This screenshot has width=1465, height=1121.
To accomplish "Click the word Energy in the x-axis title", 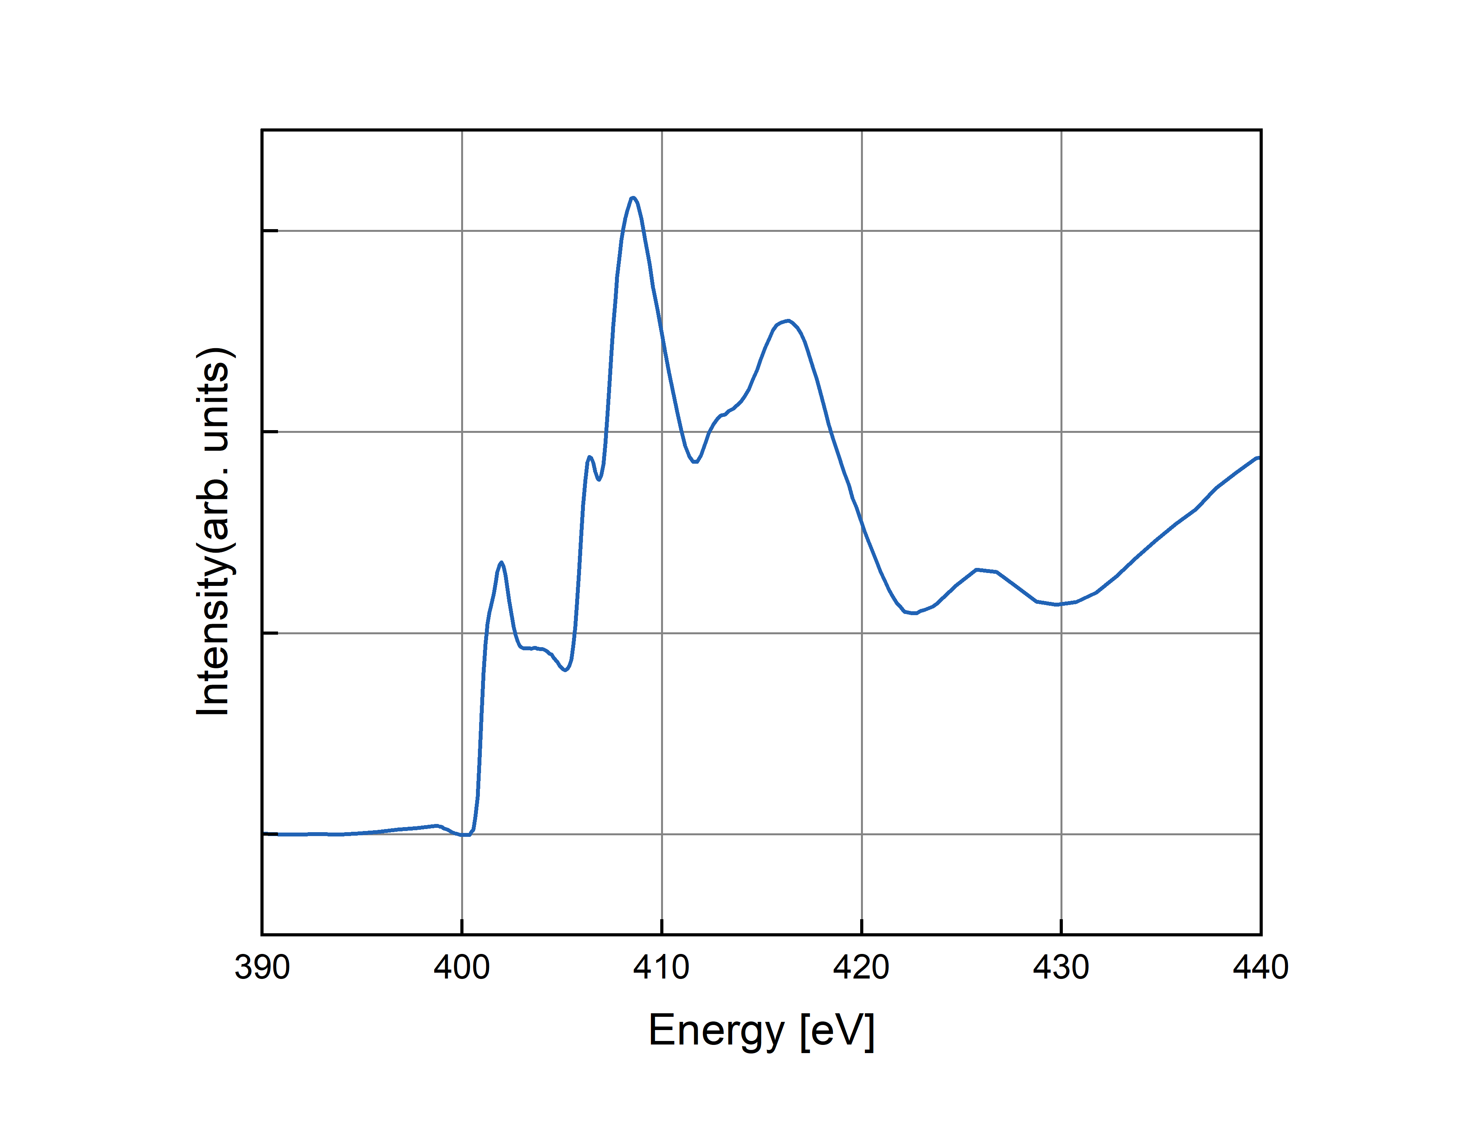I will point(716,1031).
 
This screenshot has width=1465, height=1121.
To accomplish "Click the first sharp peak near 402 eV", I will point(501,562).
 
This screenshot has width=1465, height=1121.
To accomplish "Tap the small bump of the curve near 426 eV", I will point(977,570).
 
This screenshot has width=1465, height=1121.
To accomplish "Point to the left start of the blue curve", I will point(279,834).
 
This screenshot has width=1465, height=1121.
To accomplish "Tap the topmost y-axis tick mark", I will point(270,231).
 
